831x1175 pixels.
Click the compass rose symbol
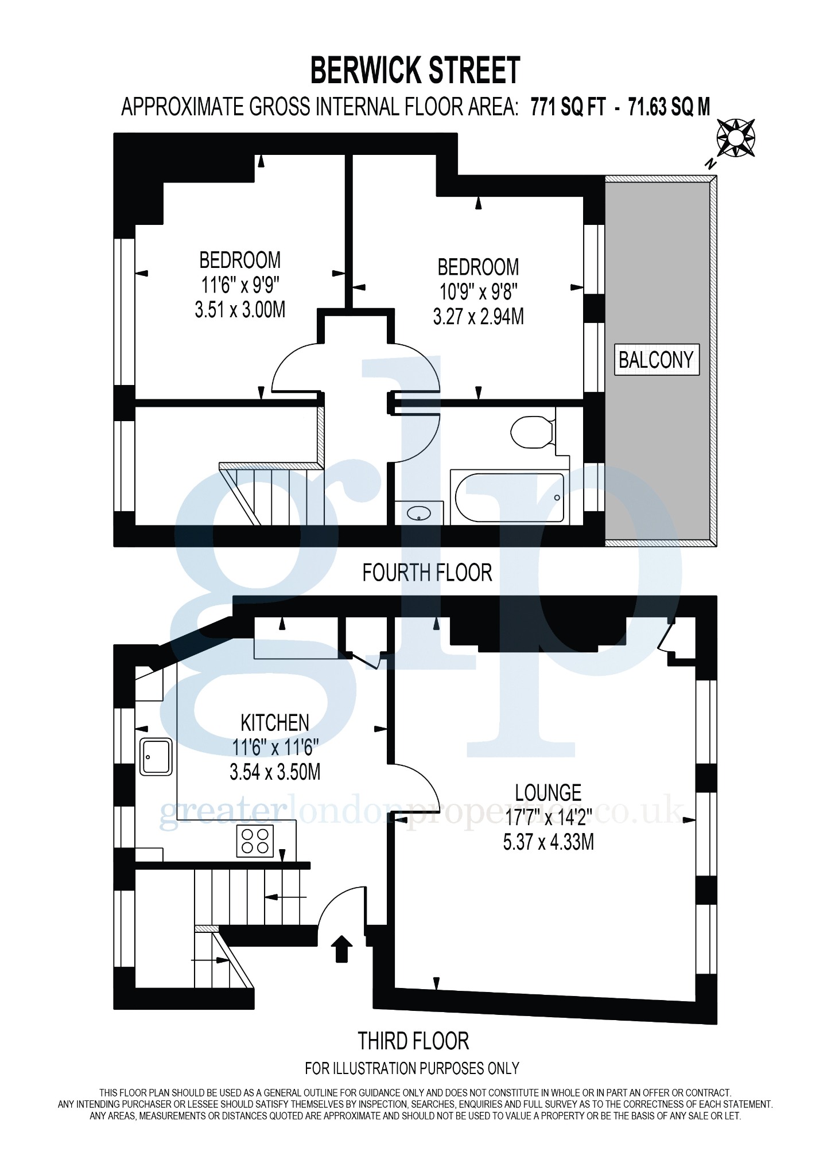735,138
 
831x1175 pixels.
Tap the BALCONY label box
657,360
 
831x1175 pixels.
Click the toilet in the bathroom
531,433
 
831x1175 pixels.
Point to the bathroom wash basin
419,513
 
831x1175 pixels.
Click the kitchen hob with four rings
255,841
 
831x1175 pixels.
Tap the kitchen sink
156,757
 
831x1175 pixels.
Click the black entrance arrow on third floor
341,949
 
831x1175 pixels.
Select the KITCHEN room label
275,723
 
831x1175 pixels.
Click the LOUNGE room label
548,793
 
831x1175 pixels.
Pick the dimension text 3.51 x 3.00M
240,310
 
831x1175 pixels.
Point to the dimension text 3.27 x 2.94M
478,317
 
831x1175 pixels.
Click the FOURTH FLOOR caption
427,573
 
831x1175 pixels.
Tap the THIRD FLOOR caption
413,1041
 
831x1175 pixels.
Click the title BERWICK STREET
415,71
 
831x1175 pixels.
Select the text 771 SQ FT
568,107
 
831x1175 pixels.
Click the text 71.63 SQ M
669,107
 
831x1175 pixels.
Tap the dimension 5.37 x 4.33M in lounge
548,842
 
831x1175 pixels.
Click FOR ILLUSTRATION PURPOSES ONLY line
411,1068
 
